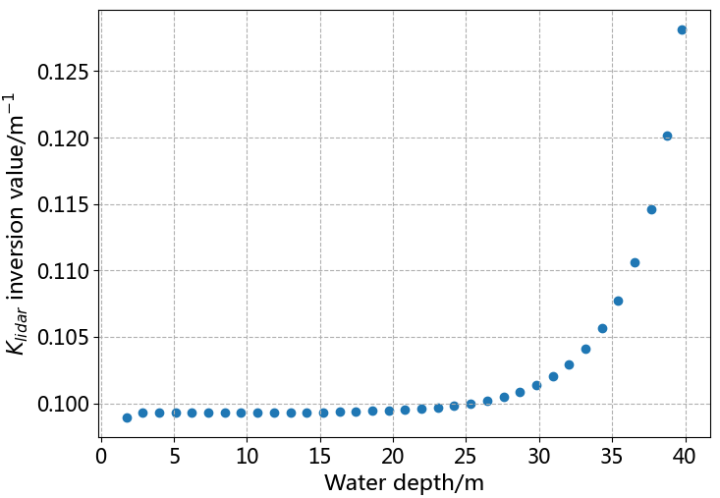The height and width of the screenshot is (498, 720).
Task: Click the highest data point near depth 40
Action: coord(682,29)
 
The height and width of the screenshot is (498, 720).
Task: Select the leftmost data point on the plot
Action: coord(127,417)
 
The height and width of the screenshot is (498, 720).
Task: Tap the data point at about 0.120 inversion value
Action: coord(667,136)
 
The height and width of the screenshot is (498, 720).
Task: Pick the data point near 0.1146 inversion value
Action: coord(651,209)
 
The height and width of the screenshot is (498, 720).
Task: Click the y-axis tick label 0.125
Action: coord(64,72)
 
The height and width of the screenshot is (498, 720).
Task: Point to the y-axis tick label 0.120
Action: coord(64,138)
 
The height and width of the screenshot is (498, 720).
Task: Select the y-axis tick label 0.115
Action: coord(64,204)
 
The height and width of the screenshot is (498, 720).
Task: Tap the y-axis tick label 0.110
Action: coord(64,271)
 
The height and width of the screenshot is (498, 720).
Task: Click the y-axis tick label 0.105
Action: coord(64,338)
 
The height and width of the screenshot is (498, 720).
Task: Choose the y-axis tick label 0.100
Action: coord(64,404)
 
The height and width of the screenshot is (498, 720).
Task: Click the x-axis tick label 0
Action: coord(101,457)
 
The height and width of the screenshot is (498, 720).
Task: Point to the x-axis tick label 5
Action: coord(174,457)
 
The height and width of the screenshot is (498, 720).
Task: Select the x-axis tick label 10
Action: coord(247,457)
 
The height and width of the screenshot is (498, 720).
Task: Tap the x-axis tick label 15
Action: coord(320,457)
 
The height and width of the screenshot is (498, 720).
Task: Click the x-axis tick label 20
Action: coord(393,457)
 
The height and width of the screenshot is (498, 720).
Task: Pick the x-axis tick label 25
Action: coord(466,457)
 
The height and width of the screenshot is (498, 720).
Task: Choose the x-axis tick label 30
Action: coord(539,457)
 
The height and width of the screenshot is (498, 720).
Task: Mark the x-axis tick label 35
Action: coord(612,457)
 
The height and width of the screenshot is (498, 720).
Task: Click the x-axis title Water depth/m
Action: coord(404,482)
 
